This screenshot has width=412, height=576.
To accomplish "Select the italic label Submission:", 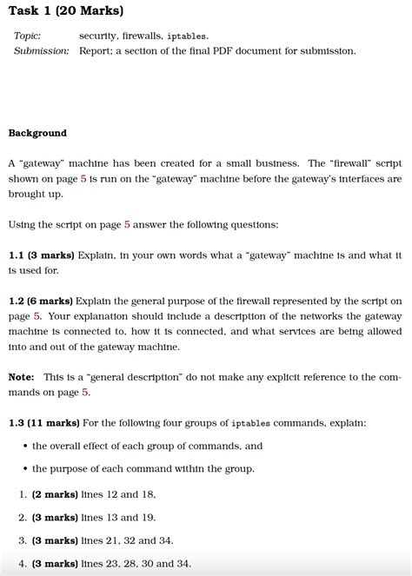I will click(41, 51).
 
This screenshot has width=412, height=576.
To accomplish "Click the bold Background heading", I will click(37, 133).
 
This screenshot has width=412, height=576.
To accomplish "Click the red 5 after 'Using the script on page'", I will click(127, 225).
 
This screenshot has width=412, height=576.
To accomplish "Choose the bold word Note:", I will click(22, 377).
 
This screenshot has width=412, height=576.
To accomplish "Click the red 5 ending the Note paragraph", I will click(85, 393).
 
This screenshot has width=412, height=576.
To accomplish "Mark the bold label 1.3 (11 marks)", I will click(44, 423).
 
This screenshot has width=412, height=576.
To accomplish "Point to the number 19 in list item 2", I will click(149, 518).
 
